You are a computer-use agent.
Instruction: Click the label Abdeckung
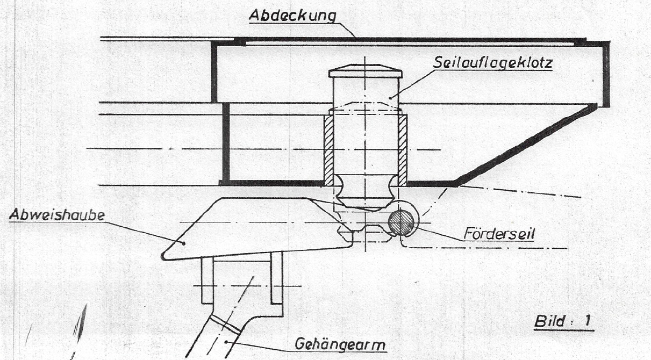292,15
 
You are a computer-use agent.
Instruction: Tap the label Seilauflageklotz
492,62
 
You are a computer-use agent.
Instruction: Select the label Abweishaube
56,215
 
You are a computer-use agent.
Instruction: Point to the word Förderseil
499,234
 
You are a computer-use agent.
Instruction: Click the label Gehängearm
340,344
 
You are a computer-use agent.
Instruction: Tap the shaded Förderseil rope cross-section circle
402,222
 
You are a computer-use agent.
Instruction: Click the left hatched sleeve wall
328,150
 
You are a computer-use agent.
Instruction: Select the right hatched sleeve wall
403,150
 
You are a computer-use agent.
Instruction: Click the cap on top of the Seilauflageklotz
366,71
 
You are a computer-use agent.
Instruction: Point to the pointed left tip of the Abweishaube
162,256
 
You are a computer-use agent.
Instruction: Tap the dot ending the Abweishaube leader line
184,243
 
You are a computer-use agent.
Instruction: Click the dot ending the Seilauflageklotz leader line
390,98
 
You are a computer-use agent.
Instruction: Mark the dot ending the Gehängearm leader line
226,342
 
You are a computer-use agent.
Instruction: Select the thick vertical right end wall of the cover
606,74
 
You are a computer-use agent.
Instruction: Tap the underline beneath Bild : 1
564,330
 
